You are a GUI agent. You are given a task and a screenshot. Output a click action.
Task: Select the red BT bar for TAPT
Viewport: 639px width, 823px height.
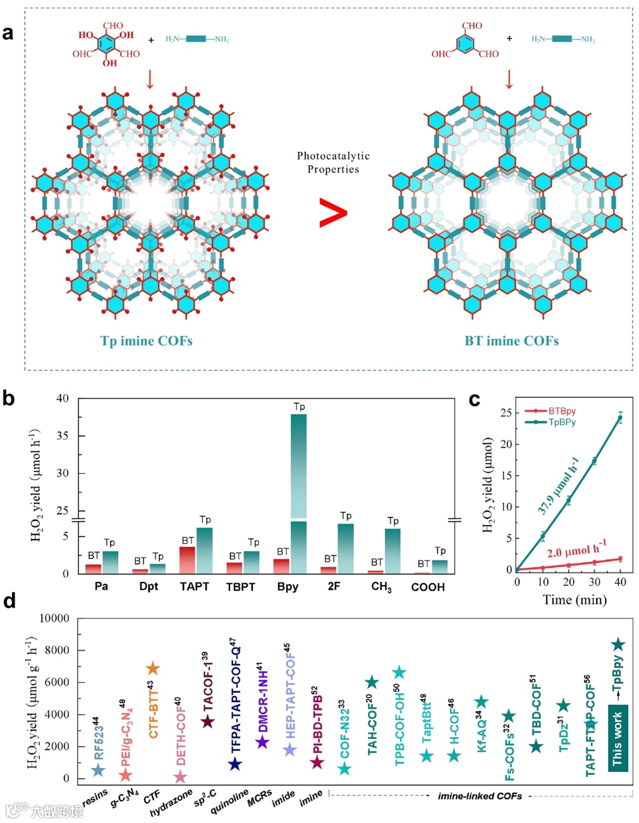tap(187, 560)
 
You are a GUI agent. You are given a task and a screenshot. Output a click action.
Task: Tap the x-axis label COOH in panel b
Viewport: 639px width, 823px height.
tap(428, 587)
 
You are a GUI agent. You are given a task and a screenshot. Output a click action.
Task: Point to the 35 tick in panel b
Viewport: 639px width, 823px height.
tap(62, 436)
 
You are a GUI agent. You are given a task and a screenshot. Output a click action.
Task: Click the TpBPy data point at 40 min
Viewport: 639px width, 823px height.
tap(621, 418)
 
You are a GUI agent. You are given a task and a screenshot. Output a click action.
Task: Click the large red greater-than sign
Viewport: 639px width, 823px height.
tap(333, 213)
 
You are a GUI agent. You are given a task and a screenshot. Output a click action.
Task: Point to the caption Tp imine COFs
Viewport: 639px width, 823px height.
tap(146, 341)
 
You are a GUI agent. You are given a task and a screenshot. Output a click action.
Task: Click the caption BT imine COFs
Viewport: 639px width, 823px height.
tap(511, 341)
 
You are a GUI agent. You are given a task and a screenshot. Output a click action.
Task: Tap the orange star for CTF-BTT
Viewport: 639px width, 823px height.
tap(152, 669)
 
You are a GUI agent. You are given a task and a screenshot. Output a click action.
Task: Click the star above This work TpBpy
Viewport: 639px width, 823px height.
tap(618, 645)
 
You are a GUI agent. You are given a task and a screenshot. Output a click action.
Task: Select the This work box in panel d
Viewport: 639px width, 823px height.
tap(618, 737)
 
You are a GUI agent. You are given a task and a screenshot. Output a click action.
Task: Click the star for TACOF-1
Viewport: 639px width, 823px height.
tap(207, 722)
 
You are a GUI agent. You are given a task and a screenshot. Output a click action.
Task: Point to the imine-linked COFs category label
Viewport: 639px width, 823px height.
tap(480, 796)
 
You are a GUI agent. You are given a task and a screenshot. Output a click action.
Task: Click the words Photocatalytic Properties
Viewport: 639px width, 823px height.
tap(333, 163)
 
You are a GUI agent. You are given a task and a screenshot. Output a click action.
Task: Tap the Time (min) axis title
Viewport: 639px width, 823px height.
tap(575, 600)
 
